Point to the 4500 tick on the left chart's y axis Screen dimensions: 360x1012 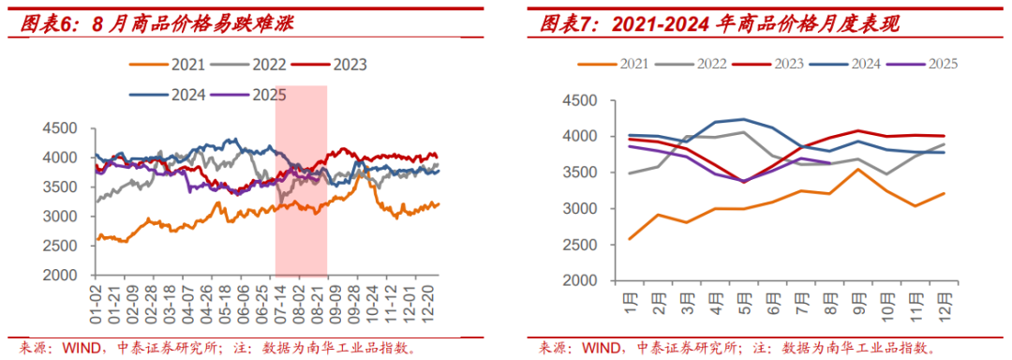pos(59,128)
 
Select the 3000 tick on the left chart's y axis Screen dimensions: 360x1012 pos(59,217)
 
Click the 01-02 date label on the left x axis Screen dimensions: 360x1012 pos(95,299)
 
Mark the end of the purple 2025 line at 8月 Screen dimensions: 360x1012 pos(829,163)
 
